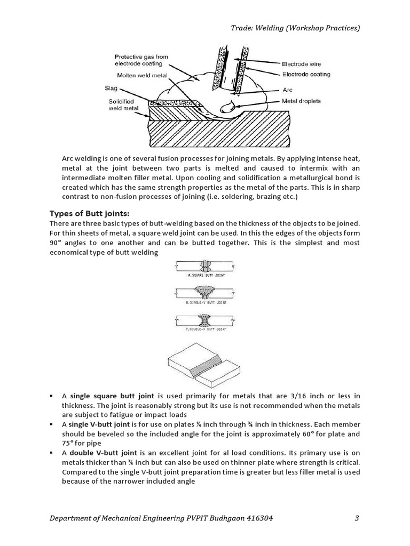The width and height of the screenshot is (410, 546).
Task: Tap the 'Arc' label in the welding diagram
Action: click(289, 90)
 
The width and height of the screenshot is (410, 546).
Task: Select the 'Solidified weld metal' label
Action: click(121, 105)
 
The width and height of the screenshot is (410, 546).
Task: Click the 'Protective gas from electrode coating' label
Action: click(143, 60)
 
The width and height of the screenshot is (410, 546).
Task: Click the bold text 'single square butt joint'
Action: click(112, 396)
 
